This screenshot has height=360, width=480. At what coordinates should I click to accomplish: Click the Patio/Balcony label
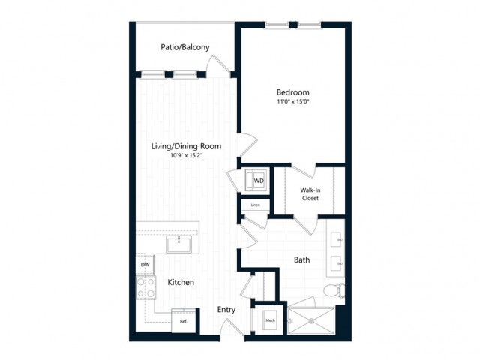click(x=184, y=47)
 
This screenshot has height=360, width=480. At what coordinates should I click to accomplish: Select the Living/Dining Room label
click(x=186, y=146)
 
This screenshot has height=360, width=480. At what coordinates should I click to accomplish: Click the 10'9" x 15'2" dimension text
click(x=186, y=156)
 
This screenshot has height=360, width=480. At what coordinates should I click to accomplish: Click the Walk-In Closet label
click(x=310, y=194)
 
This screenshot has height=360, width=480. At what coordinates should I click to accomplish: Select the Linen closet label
click(x=255, y=205)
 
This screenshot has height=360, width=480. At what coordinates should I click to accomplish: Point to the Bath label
click(x=301, y=260)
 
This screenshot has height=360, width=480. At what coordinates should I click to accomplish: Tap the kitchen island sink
click(x=180, y=243)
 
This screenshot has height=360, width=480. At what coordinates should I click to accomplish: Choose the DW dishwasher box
click(x=144, y=265)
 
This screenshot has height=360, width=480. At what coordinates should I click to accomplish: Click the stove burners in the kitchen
click(x=145, y=288)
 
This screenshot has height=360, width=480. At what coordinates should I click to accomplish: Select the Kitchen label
click(x=181, y=283)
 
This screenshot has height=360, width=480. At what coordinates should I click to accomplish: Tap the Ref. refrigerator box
click(x=182, y=321)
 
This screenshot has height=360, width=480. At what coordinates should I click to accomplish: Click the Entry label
click(x=226, y=310)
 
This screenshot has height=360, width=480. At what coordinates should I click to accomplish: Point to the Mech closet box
click(x=271, y=321)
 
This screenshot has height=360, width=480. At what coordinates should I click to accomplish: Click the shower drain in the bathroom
click(x=310, y=319)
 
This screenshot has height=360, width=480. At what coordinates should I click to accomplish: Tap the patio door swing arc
click(x=220, y=66)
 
